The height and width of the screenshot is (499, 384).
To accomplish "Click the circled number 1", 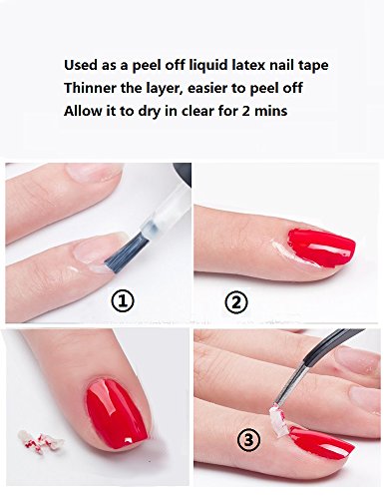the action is point(123,301).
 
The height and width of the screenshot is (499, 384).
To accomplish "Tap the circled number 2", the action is point(236,302).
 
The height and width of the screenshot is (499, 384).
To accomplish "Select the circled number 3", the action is point(249,440).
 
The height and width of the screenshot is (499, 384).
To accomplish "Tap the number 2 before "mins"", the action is point(246,111).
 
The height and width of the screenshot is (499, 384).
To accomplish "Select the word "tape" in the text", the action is point(313,66).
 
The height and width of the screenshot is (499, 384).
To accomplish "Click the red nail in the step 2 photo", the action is point(320,248).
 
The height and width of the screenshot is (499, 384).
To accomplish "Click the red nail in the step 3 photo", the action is point(320,442).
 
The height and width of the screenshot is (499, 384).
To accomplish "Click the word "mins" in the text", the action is point(271,111).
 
